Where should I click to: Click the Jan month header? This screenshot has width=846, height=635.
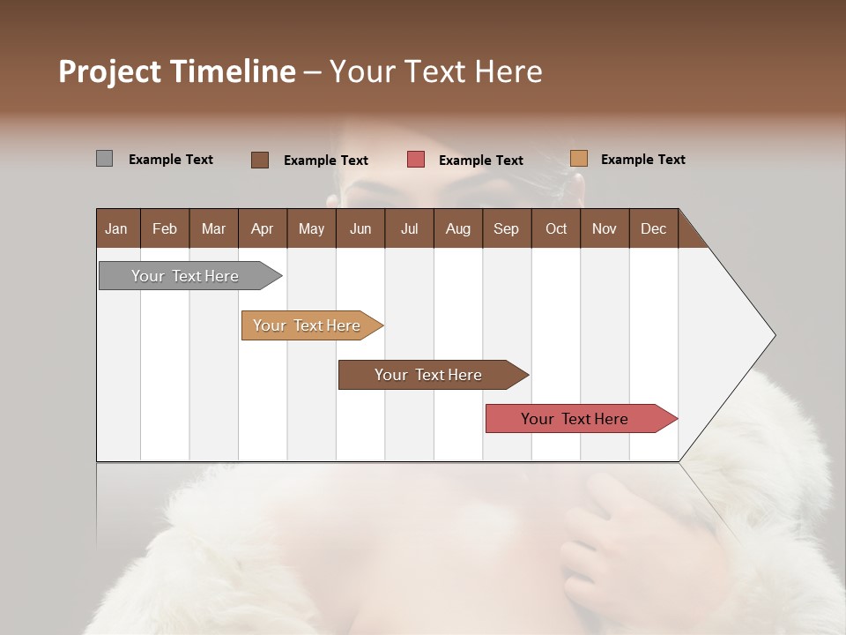click(x=116, y=228)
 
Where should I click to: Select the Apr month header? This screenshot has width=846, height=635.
click(x=262, y=228)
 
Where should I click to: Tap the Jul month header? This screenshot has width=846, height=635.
click(x=409, y=228)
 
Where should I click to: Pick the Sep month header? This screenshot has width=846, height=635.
click(x=506, y=228)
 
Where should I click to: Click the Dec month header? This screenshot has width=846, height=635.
click(x=653, y=228)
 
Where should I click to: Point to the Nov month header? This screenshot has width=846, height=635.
click(x=604, y=228)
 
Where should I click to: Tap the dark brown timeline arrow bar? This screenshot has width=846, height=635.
click(x=428, y=375)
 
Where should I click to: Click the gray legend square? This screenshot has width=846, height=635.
click(x=104, y=159)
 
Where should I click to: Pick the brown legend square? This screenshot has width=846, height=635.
click(x=259, y=160)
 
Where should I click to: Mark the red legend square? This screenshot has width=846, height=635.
click(x=416, y=160)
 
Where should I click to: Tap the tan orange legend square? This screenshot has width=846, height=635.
click(x=578, y=159)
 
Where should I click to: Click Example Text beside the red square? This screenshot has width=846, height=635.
click(x=480, y=161)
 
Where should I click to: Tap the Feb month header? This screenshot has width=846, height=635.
click(x=164, y=228)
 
